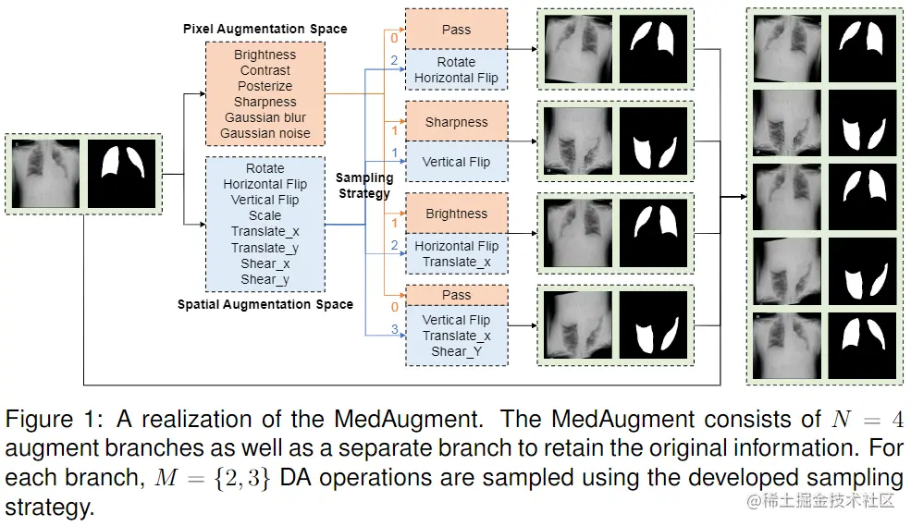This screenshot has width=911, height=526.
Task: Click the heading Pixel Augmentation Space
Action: (265, 29)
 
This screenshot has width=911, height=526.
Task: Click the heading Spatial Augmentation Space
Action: (265, 304)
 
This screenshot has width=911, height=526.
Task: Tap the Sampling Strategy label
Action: (364, 185)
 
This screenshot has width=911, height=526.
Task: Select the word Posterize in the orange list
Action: (265, 86)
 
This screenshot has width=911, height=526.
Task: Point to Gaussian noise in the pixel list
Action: (265, 133)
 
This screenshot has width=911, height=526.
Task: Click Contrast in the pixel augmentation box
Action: (265, 70)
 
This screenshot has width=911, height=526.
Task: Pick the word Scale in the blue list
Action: (265, 215)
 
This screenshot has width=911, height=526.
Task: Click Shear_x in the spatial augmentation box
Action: (265, 263)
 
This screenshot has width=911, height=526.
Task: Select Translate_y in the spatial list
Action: (265, 248)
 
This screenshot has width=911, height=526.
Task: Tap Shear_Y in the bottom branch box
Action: (456, 351)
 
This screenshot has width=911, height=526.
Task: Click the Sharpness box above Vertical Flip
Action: (457, 122)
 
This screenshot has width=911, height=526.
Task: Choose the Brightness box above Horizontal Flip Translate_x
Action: (457, 214)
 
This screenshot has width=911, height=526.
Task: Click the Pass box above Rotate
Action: (457, 29)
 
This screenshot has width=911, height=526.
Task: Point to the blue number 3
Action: (395, 329)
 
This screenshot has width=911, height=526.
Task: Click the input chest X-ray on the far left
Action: (45, 173)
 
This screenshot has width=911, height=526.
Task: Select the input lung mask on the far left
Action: (122, 173)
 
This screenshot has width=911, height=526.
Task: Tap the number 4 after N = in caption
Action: (898, 419)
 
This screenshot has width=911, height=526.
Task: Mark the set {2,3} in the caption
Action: (241, 478)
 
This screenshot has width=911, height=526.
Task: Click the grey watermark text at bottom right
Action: (819, 500)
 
